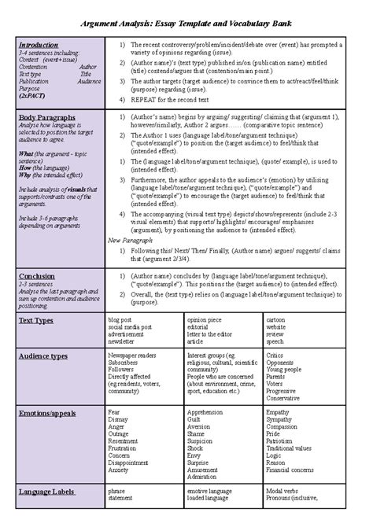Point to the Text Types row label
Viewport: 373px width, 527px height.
(x=36, y=321)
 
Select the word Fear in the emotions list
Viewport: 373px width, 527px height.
(x=114, y=411)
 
